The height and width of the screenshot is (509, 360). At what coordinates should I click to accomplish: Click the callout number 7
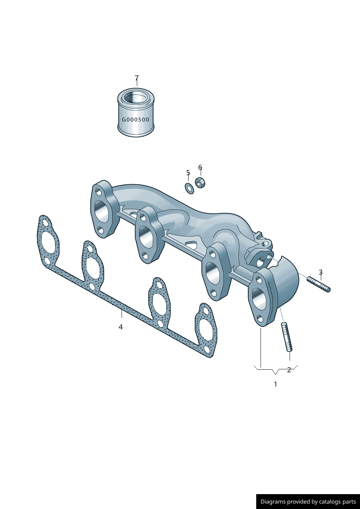point(136,78)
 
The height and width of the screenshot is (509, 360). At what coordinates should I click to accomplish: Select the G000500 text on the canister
point(136,119)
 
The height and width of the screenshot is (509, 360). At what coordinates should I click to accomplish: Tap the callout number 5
point(188,173)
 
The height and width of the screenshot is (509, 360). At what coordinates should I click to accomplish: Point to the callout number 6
point(200,167)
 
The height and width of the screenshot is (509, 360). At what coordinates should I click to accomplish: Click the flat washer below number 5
point(189,188)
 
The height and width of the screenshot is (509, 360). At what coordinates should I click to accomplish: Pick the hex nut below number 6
point(200,182)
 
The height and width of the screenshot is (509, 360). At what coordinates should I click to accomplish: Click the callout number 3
point(321,272)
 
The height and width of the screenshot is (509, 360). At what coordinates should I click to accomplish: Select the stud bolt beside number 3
point(319,284)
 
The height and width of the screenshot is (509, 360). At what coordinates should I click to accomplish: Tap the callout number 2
point(289,370)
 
